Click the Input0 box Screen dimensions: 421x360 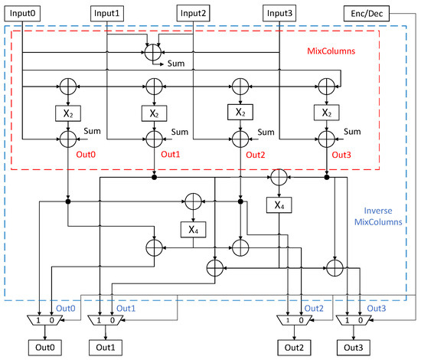(x=22, y=14)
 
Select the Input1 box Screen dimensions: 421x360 (x=107, y=14)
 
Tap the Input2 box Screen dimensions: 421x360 (x=194, y=13)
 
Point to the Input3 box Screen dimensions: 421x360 (x=279, y=13)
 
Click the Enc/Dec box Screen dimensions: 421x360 (x=367, y=14)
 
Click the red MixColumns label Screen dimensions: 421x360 (x=331, y=51)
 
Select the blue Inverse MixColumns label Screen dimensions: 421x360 (x=378, y=216)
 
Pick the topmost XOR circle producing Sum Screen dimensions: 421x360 (x=153, y=52)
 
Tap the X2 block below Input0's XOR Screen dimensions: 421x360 (x=68, y=113)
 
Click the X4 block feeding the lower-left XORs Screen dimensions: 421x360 (x=194, y=230)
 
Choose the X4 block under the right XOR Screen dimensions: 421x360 (x=279, y=205)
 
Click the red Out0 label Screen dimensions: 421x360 (x=86, y=155)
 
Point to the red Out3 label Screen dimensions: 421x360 (x=341, y=155)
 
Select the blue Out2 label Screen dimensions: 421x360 (x=314, y=308)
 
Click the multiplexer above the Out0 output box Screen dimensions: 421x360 (x=45, y=320)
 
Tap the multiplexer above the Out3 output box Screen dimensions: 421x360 (x=354, y=320)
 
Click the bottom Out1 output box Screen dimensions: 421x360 (x=106, y=348)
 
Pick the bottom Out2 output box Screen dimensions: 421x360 (x=294, y=348)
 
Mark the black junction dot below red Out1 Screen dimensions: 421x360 (x=154, y=177)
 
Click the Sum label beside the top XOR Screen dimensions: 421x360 (x=176, y=64)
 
